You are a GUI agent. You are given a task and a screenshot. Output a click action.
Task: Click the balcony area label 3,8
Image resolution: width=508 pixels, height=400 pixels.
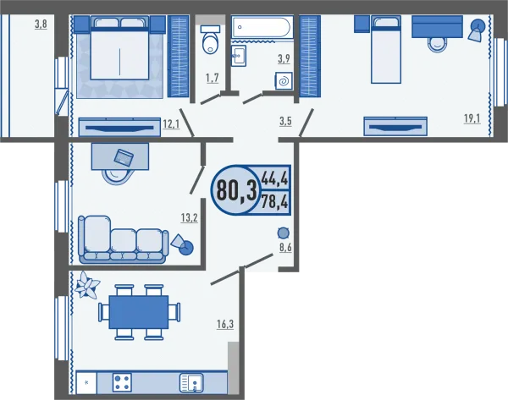click(41, 25)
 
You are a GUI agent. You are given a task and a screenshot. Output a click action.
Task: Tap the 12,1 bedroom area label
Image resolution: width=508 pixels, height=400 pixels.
click(171, 123)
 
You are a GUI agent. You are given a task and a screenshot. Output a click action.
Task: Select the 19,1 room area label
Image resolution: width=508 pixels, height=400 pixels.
click(472, 118)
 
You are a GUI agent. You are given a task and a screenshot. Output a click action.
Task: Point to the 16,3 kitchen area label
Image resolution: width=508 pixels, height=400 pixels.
click(225, 324)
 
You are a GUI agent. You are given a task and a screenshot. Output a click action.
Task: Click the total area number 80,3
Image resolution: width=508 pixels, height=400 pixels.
click(236, 190)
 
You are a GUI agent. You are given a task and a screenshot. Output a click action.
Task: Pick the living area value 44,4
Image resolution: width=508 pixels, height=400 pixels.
click(274, 178)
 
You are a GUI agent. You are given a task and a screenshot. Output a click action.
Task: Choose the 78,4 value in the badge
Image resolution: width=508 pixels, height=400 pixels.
click(274, 202)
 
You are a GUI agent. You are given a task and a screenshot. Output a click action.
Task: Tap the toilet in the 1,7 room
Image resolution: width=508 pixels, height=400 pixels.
click(211, 40)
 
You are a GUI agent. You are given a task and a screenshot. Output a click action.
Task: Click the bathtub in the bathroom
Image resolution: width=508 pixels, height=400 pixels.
click(262, 27)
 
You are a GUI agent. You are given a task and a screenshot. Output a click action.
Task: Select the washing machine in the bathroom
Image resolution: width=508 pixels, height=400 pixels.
click(284, 80)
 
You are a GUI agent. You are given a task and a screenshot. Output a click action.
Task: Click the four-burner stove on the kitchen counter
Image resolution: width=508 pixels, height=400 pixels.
click(122, 382)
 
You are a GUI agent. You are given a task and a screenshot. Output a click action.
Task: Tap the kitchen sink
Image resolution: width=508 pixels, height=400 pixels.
click(191, 383)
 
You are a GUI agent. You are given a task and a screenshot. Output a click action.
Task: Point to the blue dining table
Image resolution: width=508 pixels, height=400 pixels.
click(139, 312)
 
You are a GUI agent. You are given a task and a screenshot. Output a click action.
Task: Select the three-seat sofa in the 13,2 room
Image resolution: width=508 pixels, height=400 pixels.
click(123, 239)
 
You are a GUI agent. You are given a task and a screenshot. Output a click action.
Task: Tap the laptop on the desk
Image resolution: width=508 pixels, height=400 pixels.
click(124, 157)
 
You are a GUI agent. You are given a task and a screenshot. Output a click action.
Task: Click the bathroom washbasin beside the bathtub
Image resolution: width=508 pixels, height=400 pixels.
click(239, 56)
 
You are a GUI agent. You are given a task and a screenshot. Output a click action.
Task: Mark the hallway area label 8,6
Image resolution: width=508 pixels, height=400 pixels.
click(285, 248)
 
